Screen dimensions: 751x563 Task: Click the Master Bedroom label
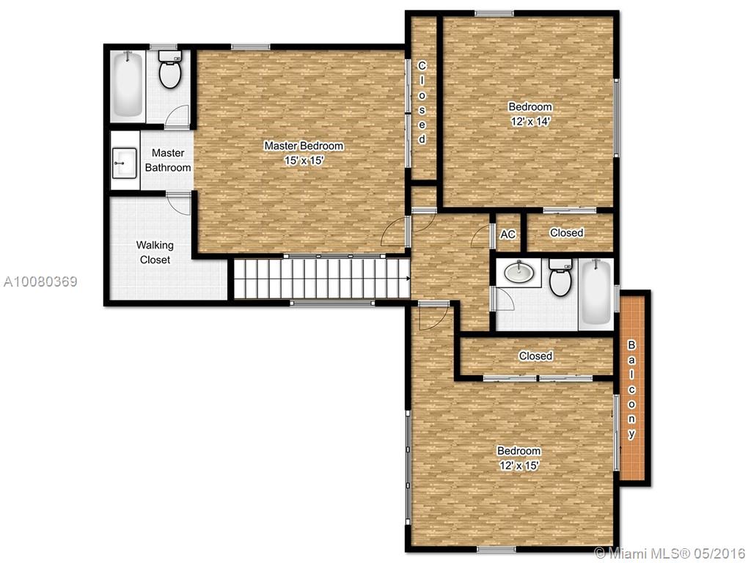[304, 146]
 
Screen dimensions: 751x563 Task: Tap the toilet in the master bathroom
[169, 70]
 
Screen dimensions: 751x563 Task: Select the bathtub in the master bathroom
[128, 85]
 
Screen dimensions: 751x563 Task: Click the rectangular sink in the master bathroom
[124, 163]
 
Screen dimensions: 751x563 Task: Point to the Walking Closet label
[155, 252]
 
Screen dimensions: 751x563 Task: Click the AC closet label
[508, 234]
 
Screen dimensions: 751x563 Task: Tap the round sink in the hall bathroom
[519, 273]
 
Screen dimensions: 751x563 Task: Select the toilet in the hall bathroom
[560, 277]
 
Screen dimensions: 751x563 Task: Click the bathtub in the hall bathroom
[596, 292]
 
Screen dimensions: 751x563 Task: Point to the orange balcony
[633, 389]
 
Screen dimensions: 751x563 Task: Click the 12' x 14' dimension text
[530, 122]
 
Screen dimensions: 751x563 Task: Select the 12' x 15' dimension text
[519, 466]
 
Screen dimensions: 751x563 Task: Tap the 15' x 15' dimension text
[304, 161]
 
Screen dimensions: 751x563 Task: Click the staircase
[321, 278]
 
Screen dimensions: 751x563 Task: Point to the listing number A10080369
[40, 281]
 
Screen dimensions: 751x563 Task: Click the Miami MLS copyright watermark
[670, 553]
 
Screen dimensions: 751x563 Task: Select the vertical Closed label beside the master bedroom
[422, 102]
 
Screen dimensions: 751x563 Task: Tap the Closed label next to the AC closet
[567, 232]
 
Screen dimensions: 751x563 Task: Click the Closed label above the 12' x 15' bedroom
[535, 356]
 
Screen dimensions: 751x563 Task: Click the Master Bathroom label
[168, 161]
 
